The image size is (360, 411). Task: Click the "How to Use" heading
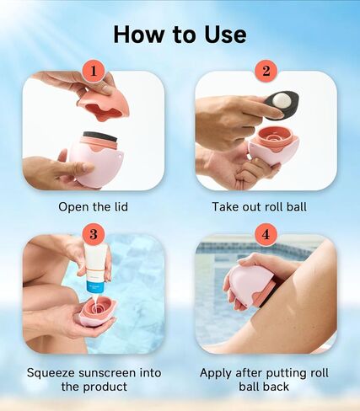click(180, 35)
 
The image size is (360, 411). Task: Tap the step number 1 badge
click(94, 72)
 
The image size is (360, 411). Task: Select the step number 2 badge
click(266, 72)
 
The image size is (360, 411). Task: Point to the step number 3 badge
click(94, 234)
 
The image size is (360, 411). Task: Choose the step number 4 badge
click(266, 234)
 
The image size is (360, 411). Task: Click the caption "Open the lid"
click(93, 207)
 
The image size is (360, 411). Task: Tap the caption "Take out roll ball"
click(259, 207)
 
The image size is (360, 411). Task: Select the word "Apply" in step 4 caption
click(216, 374)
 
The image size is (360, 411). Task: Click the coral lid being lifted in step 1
click(104, 104)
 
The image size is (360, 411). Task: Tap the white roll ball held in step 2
click(281, 100)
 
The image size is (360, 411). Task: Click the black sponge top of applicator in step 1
click(101, 136)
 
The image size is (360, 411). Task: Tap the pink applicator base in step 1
click(95, 163)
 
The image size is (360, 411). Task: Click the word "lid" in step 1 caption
click(121, 207)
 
